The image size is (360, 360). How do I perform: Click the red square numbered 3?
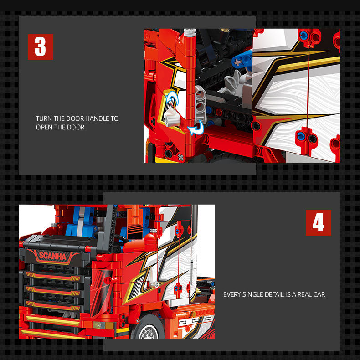tap(41, 47)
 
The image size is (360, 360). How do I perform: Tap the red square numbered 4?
tap(318, 223)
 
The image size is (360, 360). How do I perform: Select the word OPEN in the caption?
tap(44, 127)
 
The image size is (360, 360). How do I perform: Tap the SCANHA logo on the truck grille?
tap(52, 256)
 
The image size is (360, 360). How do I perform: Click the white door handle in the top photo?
tap(172, 118)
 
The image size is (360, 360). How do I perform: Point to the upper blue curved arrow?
tap(171, 97)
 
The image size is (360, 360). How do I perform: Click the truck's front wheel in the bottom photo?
tap(149, 329)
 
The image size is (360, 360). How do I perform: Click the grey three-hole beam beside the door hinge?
tap(201, 105)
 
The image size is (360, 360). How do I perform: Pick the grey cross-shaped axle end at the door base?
tap(181, 158)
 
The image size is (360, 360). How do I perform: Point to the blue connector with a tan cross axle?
tap(242, 60)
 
